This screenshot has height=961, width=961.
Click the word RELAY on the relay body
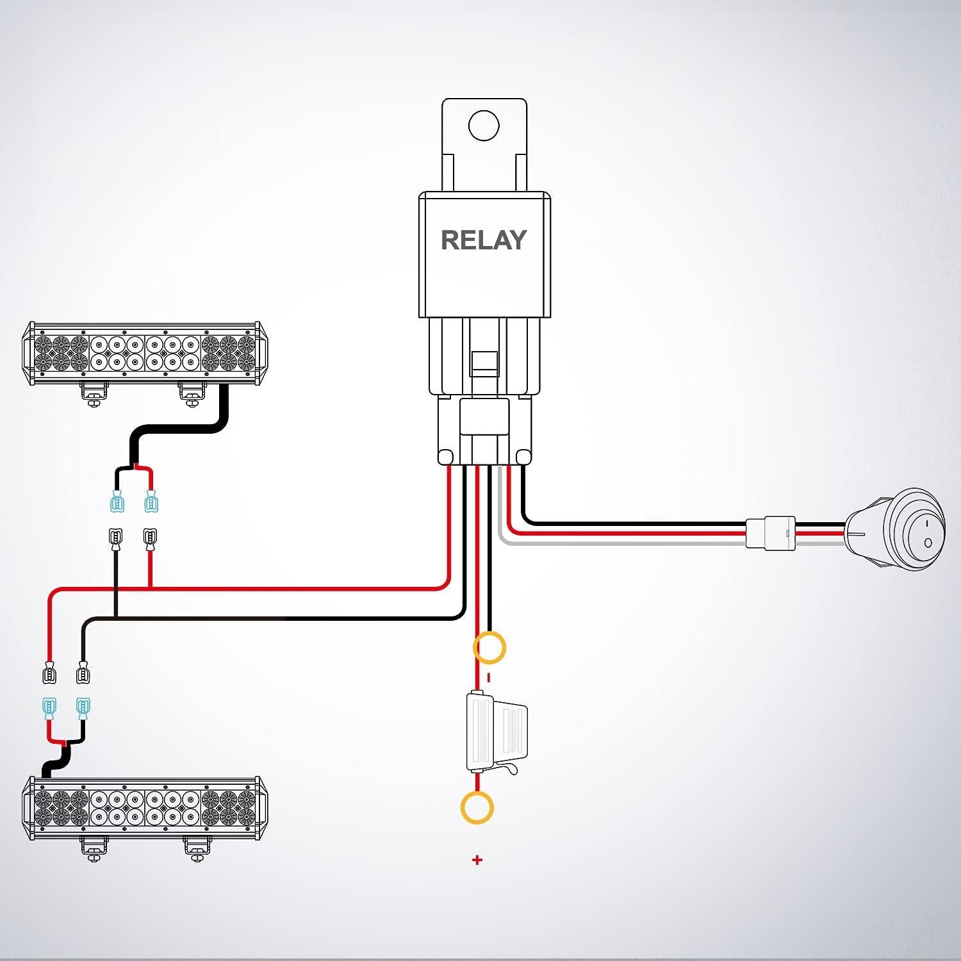(484, 240)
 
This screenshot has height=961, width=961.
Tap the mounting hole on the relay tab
(484, 125)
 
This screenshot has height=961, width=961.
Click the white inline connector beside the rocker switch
(771, 532)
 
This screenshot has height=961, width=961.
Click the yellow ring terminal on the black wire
(489, 647)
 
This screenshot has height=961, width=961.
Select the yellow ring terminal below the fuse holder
(477, 807)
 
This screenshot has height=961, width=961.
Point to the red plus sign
(477, 860)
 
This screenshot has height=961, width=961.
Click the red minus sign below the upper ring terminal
(489, 677)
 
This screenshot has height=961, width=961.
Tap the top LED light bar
(144, 354)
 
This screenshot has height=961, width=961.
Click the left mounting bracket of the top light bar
(94, 393)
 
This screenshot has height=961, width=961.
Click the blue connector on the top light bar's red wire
(151, 501)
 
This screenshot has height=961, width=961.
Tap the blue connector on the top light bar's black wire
(117, 501)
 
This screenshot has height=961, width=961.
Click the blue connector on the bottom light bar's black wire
(82, 709)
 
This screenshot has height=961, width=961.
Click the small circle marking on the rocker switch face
(927, 543)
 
